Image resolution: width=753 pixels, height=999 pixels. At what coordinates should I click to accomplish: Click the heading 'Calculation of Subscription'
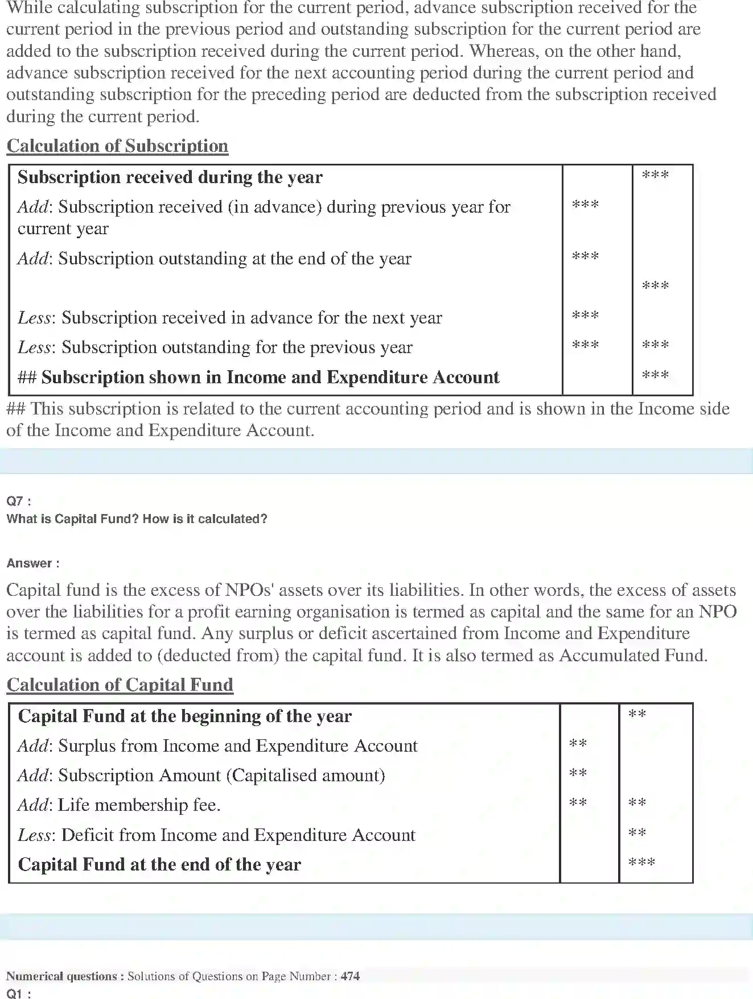pos(117,146)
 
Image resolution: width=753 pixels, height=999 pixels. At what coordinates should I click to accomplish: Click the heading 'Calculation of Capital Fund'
pos(120,685)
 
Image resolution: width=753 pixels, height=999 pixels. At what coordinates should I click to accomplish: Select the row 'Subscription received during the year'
pos(170,177)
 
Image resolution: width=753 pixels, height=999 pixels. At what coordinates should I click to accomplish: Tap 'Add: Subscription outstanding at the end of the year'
pos(214,259)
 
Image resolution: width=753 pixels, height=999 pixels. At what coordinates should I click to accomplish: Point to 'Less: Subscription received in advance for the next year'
pos(229,318)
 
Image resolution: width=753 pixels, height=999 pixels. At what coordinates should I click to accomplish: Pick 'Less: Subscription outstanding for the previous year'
pos(215,347)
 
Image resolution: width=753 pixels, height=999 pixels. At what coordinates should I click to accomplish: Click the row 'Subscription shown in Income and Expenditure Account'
pos(258,378)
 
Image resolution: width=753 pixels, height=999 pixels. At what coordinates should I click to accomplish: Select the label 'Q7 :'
pos(19,501)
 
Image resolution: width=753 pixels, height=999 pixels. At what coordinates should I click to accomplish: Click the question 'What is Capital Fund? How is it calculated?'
pos(137,519)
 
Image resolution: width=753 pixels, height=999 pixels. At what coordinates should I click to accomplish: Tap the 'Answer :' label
pos(33,563)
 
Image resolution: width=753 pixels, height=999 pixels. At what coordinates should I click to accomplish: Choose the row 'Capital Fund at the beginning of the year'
pos(184,716)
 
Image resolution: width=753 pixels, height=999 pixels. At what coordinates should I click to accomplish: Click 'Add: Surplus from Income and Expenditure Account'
pos(217,746)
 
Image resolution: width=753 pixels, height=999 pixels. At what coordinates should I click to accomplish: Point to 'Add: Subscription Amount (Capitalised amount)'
pos(201,776)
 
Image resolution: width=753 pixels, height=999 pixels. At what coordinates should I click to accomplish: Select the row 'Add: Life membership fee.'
pos(119,805)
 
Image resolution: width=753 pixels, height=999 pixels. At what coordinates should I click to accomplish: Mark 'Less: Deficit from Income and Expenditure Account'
pos(216,835)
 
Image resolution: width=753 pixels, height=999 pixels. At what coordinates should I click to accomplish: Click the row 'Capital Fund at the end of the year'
pos(159,865)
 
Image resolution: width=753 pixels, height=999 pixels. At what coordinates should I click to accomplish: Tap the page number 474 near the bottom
pos(350,976)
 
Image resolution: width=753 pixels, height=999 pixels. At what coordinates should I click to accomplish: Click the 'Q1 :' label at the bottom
pos(19,993)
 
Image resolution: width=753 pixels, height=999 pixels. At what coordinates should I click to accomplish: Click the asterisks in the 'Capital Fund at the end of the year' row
pos(641,863)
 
